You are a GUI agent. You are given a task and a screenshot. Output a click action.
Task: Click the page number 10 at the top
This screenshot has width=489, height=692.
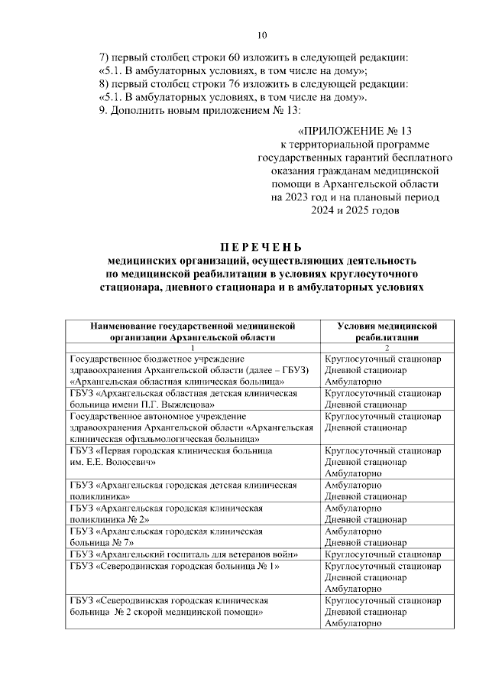pos(262,35)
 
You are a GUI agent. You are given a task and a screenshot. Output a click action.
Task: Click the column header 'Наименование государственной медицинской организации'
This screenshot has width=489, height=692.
pos(192,331)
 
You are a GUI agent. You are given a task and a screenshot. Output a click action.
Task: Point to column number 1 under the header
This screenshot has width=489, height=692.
pos(192,348)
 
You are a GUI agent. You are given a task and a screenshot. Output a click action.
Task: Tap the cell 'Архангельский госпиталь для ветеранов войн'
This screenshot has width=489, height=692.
pos(193,554)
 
